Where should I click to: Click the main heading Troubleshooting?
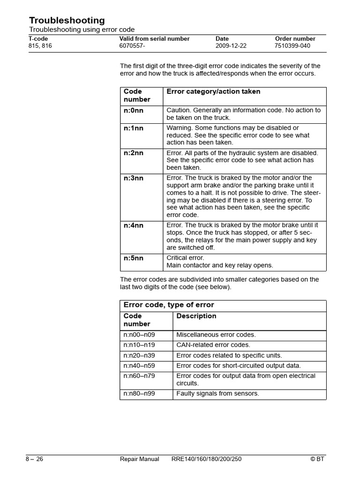pos(67,20)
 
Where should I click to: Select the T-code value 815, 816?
pos(40,46)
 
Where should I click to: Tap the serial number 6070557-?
pos(133,46)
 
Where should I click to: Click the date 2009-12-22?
pos(231,46)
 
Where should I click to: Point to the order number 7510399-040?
pos(292,46)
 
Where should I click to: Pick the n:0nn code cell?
pos(134,110)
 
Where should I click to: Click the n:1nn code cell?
pos(134,128)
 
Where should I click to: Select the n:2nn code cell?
pos(134,153)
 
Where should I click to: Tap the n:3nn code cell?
pos(134,178)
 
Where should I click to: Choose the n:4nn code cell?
pos(134,225)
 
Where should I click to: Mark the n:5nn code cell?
pos(134,258)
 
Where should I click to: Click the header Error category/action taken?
pos(213,92)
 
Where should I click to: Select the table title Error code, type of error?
pos(169,305)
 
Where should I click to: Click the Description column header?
pos(196,316)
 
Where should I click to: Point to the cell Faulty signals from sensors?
pos(217,394)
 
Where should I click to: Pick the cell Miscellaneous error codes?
pos(216,335)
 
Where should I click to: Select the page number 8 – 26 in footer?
pos(34,459)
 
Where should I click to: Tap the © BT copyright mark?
pos(317,459)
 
